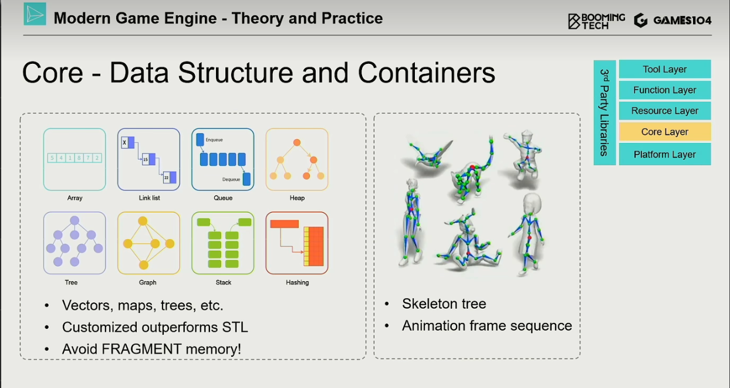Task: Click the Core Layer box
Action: (x=665, y=132)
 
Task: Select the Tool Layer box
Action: (x=665, y=69)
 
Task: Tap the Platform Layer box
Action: (x=665, y=154)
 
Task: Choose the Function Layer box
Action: (x=665, y=90)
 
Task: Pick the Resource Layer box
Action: (x=665, y=111)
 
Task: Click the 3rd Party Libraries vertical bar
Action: (x=605, y=113)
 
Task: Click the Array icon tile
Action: (x=75, y=159)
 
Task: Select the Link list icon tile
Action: (x=148, y=159)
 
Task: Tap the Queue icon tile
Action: (x=223, y=159)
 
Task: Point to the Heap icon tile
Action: (x=297, y=159)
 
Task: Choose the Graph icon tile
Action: (x=148, y=243)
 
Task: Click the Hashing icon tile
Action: (x=297, y=243)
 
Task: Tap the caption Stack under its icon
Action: (x=223, y=283)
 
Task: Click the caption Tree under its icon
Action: (x=71, y=283)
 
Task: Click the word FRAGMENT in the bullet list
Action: (x=141, y=349)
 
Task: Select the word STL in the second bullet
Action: (x=235, y=327)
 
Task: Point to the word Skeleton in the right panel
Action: (x=430, y=304)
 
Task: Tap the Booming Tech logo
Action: (x=596, y=21)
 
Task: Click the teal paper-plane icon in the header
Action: (x=35, y=14)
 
